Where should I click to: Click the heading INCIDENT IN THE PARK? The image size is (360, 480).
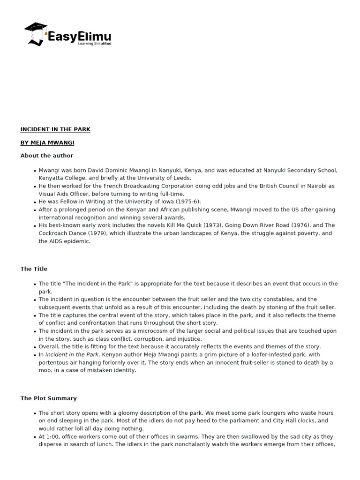55,129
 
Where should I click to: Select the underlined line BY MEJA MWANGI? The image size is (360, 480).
47,142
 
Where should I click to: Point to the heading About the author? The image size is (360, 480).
46,156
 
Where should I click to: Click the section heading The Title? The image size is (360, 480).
34,269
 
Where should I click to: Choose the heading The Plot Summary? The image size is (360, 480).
48,398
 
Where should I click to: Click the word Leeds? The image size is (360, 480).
182,178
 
